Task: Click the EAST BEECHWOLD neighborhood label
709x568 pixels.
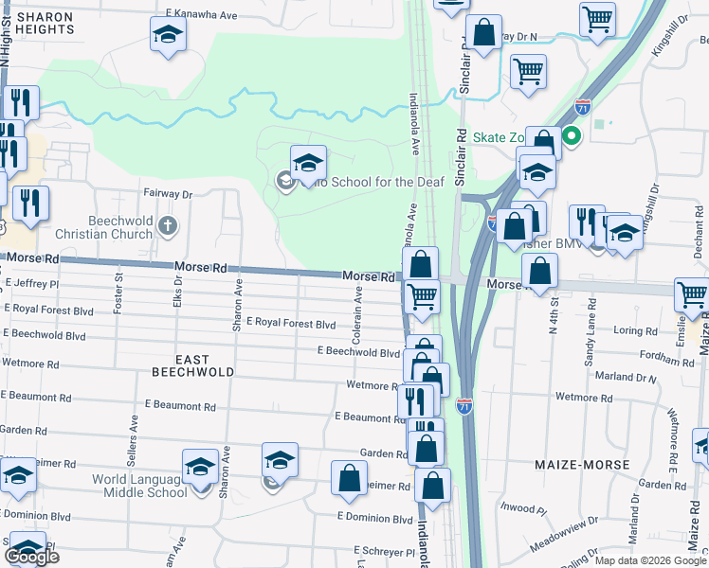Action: pyautogui.click(x=191, y=365)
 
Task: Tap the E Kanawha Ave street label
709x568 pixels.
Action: pyautogui.click(x=200, y=15)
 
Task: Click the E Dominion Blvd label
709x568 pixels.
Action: pyautogui.click(x=375, y=518)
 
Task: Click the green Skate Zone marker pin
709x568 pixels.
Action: pyautogui.click(x=572, y=136)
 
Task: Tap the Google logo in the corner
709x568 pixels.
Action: pyautogui.click(x=31, y=557)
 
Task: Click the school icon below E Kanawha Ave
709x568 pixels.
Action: pyautogui.click(x=169, y=34)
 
